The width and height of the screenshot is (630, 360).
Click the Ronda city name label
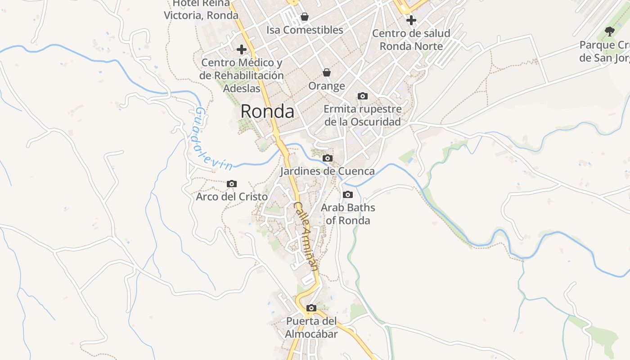267,111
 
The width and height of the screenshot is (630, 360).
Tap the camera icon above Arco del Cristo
232,184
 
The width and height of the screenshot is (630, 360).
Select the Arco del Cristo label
232,197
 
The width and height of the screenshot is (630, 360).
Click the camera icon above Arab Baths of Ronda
348,194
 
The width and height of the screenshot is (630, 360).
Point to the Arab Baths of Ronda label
348,214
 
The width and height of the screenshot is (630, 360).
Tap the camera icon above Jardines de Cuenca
328,158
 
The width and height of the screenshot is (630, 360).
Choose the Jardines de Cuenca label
328,171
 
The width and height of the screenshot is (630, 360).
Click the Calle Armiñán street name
306,236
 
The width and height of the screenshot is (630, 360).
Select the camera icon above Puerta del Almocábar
311,308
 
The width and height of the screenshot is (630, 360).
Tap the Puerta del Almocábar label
311,328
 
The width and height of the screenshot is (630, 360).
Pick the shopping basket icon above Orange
327,72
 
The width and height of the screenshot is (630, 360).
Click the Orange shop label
327,85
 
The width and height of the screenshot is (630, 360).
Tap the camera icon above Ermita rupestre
362,96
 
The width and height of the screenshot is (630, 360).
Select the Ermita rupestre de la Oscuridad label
363,115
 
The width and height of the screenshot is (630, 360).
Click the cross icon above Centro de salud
411,20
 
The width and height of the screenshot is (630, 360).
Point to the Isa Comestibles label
305,30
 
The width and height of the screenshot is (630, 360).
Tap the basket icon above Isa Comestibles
305,17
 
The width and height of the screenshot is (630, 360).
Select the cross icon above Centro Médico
242,49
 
